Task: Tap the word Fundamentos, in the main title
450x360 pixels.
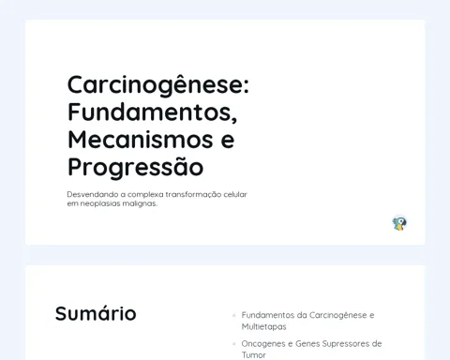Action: tap(153, 112)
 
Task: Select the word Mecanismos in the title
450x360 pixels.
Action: tap(141, 140)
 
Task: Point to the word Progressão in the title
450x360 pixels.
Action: tap(136, 167)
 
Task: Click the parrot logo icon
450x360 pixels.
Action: tap(399, 223)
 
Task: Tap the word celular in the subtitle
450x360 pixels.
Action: tap(235, 194)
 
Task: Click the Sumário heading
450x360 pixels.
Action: tap(96, 313)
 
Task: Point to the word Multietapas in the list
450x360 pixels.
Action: tap(264, 327)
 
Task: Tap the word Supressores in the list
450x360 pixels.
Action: tap(345, 344)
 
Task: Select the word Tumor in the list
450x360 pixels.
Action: tap(253, 355)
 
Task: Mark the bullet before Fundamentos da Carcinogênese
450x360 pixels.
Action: tap(234, 315)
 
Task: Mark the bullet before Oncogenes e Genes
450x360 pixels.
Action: tap(234, 344)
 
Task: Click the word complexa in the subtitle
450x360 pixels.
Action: tap(145, 195)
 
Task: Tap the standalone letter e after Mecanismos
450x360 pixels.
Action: tap(228, 141)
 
